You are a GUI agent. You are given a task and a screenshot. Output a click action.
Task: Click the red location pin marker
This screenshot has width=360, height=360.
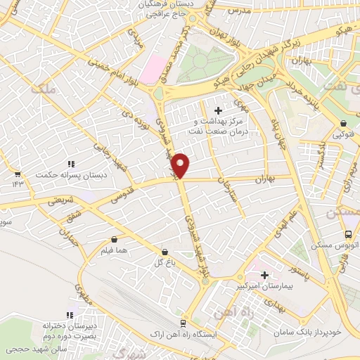[x=181, y=165]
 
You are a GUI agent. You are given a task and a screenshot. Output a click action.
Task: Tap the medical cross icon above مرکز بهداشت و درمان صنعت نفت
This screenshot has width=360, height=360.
[x=218, y=110]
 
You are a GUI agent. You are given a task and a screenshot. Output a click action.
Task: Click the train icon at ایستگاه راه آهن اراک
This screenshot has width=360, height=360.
[x=182, y=323]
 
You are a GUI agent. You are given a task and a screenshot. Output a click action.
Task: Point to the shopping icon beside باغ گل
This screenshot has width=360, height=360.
[x=165, y=251]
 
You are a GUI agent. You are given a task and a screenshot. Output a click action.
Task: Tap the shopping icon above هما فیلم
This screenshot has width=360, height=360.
[x=114, y=240]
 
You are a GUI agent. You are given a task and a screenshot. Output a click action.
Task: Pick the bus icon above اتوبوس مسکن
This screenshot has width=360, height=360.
[x=347, y=236]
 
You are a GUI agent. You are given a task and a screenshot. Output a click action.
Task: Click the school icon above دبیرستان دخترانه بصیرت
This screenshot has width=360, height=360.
[x=69, y=316]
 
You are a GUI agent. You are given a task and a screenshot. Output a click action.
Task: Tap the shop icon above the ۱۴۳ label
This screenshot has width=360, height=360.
[x=17, y=174]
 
